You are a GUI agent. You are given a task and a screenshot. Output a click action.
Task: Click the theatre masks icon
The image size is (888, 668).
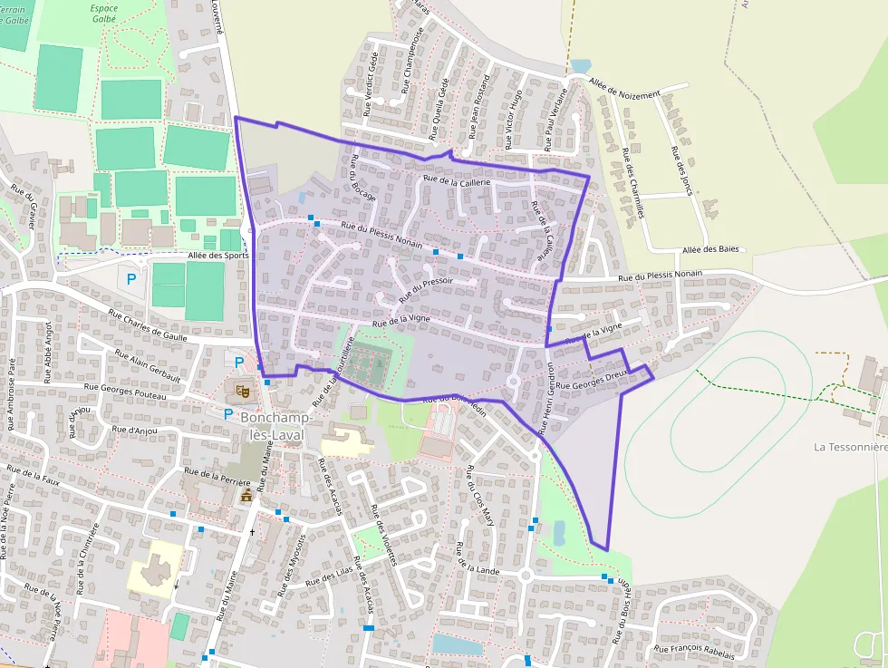tap(242, 391)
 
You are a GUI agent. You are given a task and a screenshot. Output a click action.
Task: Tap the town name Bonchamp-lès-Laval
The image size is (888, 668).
tap(278, 425)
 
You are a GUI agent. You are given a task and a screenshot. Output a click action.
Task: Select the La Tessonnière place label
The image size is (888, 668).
tap(850, 447)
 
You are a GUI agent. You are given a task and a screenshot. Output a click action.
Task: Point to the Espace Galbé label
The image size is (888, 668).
tap(104, 15)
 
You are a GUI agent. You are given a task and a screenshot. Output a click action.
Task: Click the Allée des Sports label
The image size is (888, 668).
tap(217, 256)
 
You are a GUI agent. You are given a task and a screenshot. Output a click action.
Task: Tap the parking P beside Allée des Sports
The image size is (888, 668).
tap(132, 279)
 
